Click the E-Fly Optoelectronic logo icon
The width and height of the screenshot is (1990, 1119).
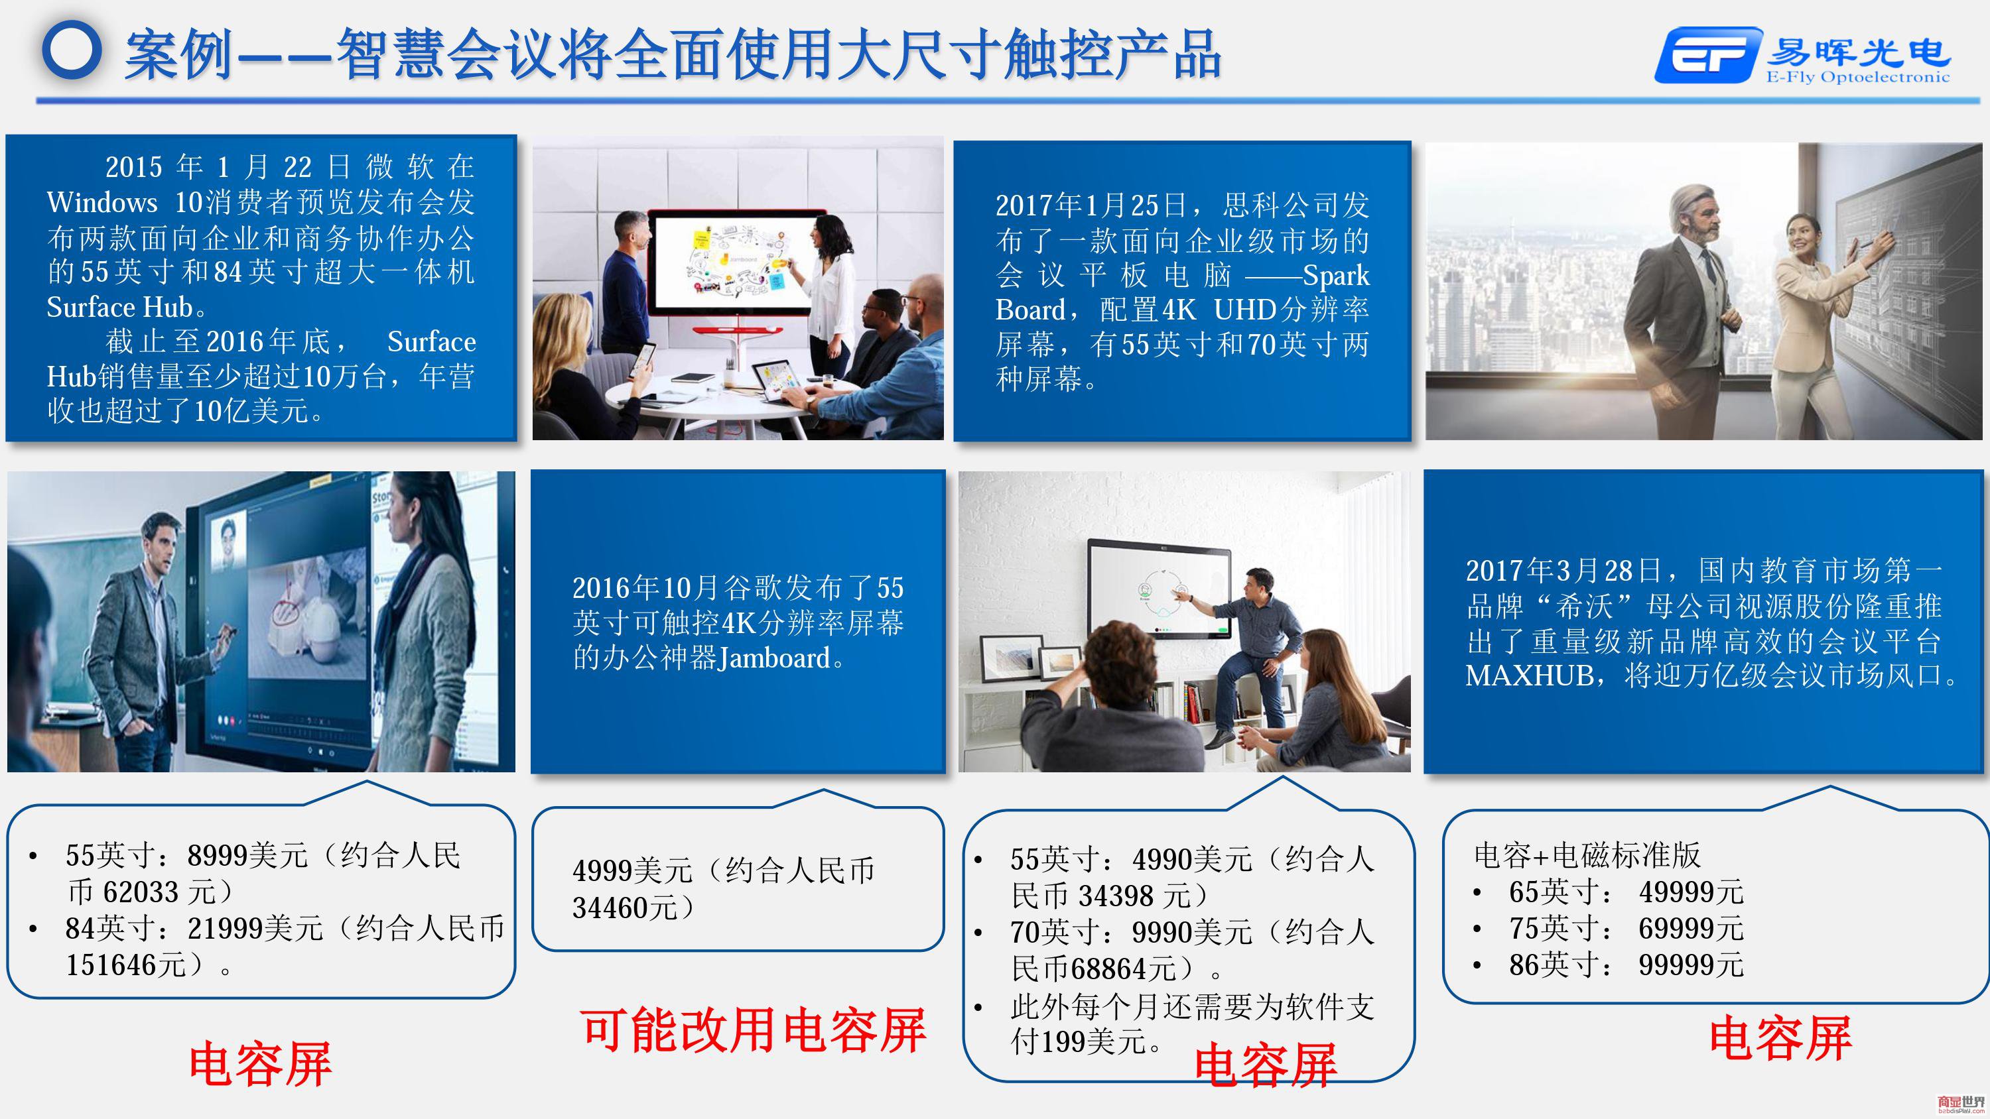[1708, 55]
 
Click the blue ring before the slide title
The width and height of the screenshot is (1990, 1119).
[72, 50]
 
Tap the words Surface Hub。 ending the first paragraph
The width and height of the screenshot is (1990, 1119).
[127, 308]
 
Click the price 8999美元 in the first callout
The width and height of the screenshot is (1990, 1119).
[247, 856]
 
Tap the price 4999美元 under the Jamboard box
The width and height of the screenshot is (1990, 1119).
[632, 871]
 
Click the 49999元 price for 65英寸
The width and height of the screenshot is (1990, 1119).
[1691, 892]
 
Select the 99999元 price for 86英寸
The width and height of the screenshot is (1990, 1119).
[1691, 965]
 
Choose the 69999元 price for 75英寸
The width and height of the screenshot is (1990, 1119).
[1691, 928]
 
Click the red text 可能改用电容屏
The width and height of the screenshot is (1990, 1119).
[753, 1031]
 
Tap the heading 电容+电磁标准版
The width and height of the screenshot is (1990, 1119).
[1587, 855]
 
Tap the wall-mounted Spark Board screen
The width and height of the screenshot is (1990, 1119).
[1159, 589]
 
